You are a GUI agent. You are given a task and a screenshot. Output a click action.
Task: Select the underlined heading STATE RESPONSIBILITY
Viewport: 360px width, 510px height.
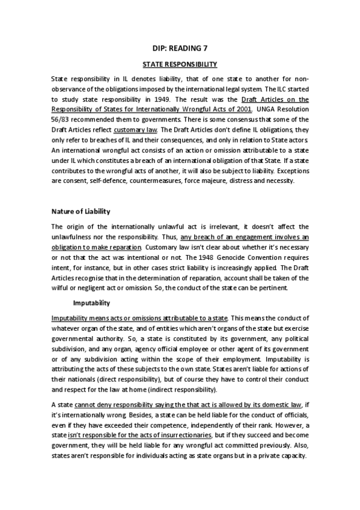point(180,64)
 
